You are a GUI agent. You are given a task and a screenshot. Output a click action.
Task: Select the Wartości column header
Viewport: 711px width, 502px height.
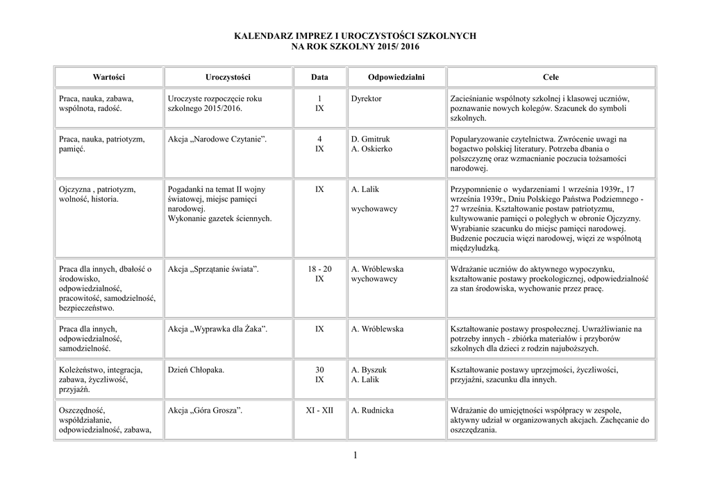[109, 77]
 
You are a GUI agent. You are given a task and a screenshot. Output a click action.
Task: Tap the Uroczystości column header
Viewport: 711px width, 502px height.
[228, 77]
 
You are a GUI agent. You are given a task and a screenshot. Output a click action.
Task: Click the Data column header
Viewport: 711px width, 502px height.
[319, 77]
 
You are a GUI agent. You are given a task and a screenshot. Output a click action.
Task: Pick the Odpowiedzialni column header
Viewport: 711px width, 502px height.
[396, 77]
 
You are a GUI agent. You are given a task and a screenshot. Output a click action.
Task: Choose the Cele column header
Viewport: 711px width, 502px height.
[551, 77]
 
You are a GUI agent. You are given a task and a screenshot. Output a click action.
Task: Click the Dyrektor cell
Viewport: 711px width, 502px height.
[367, 99]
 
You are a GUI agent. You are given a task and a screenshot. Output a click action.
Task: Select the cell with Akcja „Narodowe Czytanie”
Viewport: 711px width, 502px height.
[217, 139]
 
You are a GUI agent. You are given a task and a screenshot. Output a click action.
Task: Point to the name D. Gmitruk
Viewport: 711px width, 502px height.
[371, 139]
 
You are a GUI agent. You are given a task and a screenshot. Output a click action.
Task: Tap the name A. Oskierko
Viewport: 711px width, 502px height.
[372, 149]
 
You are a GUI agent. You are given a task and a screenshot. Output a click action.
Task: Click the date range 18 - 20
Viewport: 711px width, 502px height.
[319, 269]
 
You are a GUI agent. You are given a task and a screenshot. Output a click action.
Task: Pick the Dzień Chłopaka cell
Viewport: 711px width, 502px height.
[196, 370]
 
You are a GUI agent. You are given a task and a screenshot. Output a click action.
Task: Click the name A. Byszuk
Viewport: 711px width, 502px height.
[369, 370]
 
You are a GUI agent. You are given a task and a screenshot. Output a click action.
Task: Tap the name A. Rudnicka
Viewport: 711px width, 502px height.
[373, 410]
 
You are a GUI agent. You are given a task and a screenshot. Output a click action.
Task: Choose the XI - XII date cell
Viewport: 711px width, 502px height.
[319, 410]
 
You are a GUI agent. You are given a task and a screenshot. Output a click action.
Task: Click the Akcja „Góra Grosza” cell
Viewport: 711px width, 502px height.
[205, 410]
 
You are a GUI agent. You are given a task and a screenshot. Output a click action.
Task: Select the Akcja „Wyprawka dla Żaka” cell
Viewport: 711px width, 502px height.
[217, 329]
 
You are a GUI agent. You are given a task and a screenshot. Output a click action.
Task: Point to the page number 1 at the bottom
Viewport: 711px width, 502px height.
[355, 455]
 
